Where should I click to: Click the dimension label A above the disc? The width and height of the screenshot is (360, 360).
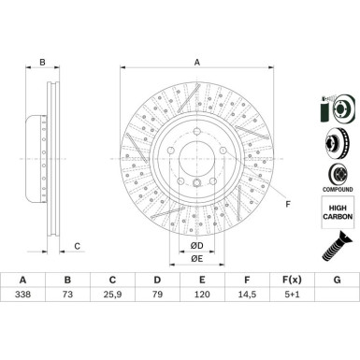click(x=196, y=62)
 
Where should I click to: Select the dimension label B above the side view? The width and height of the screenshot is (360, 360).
click(x=42, y=64)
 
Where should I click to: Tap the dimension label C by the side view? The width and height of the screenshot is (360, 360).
click(x=77, y=246)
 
